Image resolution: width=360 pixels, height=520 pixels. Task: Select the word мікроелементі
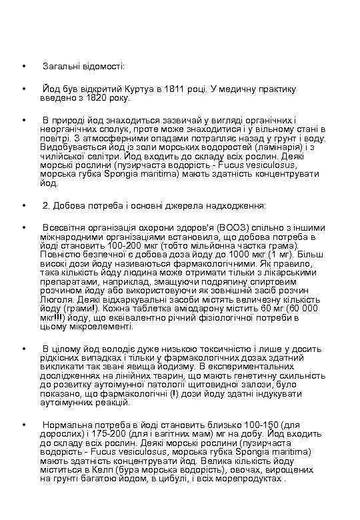pos(97,327)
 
